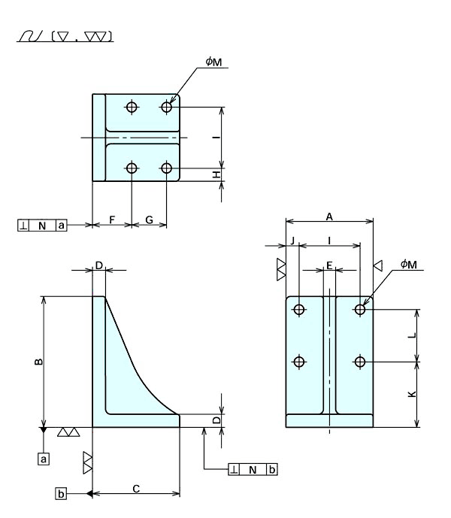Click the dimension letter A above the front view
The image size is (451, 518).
pos(329,217)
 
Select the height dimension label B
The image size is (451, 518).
pos(38,362)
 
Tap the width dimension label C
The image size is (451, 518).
pos(136,489)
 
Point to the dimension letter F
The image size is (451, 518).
pos(112,220)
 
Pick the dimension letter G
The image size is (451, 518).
pos(150,220)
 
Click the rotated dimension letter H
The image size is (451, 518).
pos(216,174)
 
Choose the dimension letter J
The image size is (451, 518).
pos(292,241)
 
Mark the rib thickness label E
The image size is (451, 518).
pos(329,265)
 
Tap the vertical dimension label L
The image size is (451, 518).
pos(412,335)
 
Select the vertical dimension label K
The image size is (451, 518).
pos(412,394)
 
